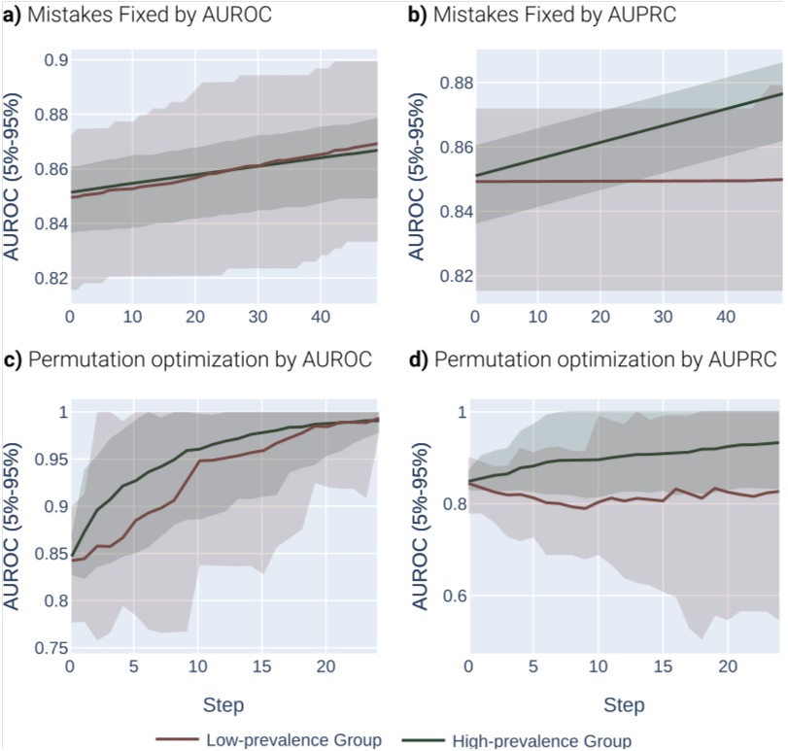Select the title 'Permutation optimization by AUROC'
pyautogui.click(x=200, y=359)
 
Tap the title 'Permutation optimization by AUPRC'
pyautogui.click(x=604, y=359)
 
